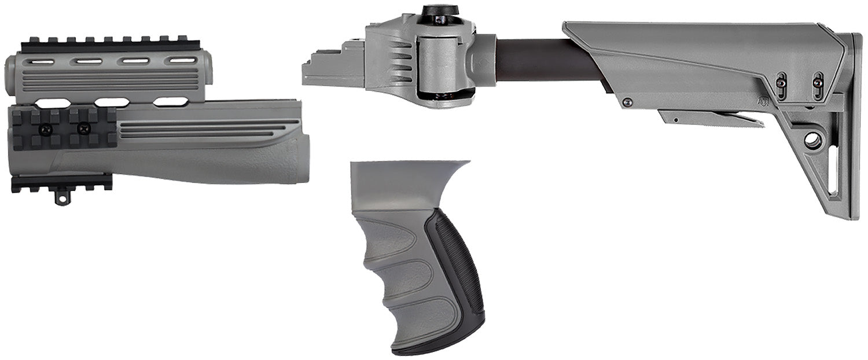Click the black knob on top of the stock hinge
click(440, 11)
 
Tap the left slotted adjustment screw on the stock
click(781, 83)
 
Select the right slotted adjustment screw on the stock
click(817, 82)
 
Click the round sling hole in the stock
click(812, 139)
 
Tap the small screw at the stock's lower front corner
click(627, 102)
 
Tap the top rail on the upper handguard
click(110, 44)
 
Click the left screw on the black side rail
click(45, 130)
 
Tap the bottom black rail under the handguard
click(61, 182)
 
